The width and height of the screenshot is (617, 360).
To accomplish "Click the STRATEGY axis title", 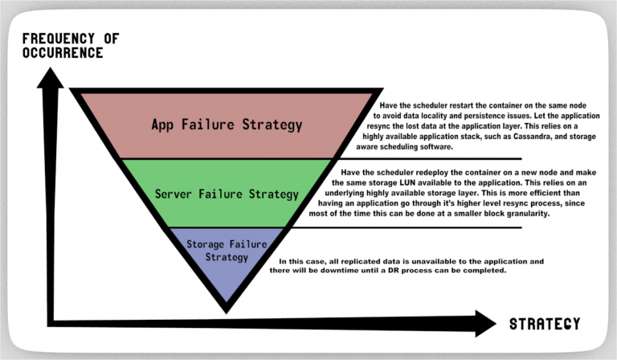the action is (x=545, y=324).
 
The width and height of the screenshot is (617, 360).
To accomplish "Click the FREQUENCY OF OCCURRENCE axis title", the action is (x=71, y=46).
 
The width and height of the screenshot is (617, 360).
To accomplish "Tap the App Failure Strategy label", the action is (x=227, y=125).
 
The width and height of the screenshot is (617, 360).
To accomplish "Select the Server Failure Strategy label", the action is (x=227, y=194).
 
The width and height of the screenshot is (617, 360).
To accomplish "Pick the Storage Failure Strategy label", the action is (x=227, y=251).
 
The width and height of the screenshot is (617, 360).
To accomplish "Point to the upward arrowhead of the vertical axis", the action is (x=50, y=77).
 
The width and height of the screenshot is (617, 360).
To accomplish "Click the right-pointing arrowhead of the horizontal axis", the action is (x=485, y=323).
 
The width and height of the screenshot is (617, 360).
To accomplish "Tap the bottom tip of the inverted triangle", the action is (x=227, y=313).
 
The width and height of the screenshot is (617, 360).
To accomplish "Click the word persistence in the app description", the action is (x=484, y=116).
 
